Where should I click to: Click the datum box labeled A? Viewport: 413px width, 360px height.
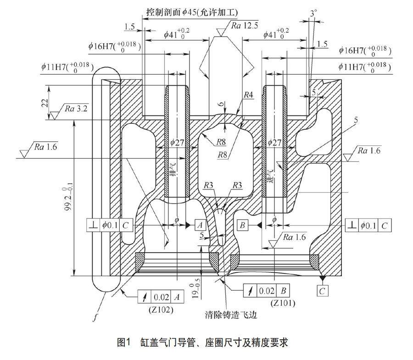[200, 225]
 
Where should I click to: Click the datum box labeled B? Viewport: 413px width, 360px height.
[243, 225]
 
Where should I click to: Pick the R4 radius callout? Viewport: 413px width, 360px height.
[248, 95]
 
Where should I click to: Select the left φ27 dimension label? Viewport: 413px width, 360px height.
[178, 143]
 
